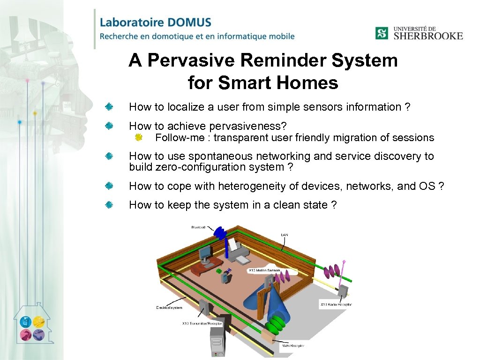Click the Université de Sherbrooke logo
pos(419,33)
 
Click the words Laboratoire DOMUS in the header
pos(156,22)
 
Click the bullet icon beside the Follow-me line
pos(138,137)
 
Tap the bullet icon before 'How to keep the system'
pos(108,205)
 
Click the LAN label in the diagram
pos(285,234)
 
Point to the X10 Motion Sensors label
pos(265,270)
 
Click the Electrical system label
pos(169,307)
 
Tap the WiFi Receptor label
pos(293,345)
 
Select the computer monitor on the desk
pos(205,254)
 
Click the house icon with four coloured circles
pos(32,326)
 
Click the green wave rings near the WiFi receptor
pos(277,324)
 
